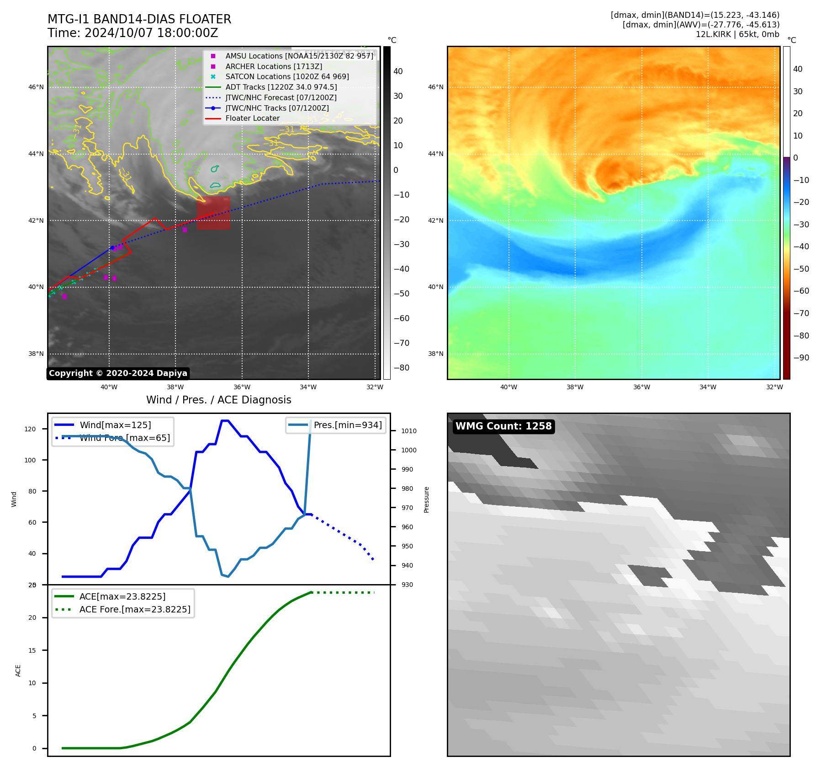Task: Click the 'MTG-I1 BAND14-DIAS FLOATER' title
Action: click(x=139, y=19)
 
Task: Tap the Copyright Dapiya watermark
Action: click(x=118, y=373)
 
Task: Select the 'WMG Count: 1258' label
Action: click(x=503, y=426)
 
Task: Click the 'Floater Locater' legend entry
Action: click(x=252, y=118)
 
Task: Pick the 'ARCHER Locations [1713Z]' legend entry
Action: click(x=274, y=66)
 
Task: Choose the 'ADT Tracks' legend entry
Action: click(x=281, y=87)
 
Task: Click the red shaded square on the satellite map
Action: click(x=213, y=213)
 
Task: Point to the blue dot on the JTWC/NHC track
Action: click(x=112, y=247)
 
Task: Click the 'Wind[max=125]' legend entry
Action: click(x=115, y=425)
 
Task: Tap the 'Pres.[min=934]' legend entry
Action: click(x=348, y=425)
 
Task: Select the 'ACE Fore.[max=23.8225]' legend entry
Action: click(x=135, y=609)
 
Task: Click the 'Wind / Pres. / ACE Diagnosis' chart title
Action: click(x=218, y=400)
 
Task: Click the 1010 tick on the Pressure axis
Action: click(x=409, y=431)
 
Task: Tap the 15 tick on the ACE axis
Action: click(x=32, y=650)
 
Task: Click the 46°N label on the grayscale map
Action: click(x=37, y=87)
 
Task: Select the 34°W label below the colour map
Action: click(x=708, y=387)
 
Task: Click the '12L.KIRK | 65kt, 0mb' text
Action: click(x=737, y=34)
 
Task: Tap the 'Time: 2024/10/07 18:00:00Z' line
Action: click(x=133, y=33)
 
